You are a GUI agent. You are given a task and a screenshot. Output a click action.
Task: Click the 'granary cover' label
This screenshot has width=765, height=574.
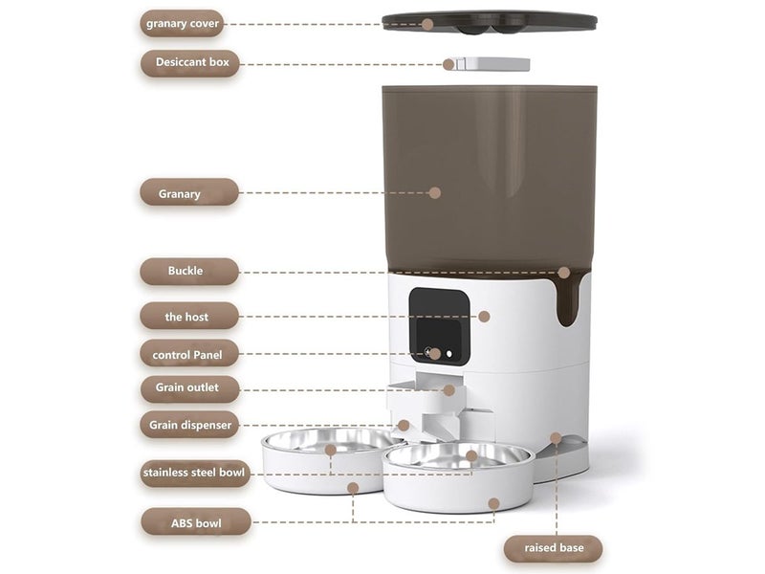pos(182,23)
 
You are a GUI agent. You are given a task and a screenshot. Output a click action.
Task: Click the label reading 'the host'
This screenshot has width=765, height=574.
pos(188,317)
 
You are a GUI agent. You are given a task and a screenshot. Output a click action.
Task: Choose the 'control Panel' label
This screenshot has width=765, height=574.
pos(188,355)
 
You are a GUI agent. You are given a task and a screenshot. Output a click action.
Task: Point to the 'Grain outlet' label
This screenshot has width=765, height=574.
pos(188,388)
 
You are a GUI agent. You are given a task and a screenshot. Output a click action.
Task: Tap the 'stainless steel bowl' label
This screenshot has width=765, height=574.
pos(194,473)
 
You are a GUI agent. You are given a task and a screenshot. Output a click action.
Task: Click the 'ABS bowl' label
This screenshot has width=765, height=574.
pos(196,522)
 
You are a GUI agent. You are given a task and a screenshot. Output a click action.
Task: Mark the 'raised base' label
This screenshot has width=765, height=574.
pos(553,548)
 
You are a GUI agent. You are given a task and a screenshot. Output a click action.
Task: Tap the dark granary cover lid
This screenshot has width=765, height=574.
pos(489,20)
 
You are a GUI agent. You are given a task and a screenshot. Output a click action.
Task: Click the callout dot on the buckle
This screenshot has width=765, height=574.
pos(563,273)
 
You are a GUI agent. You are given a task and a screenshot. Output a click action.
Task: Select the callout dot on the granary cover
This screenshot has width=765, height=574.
pos(427,24)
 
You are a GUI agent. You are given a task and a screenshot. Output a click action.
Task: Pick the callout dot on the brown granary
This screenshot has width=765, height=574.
pos(434,192)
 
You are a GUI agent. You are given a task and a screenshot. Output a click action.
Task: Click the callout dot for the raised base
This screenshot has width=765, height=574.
pos(556,438)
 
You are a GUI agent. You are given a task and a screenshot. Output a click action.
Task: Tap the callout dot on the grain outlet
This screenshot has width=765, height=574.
pos(448,390)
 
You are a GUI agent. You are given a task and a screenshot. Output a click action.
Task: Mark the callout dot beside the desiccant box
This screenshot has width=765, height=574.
pos(448,64)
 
